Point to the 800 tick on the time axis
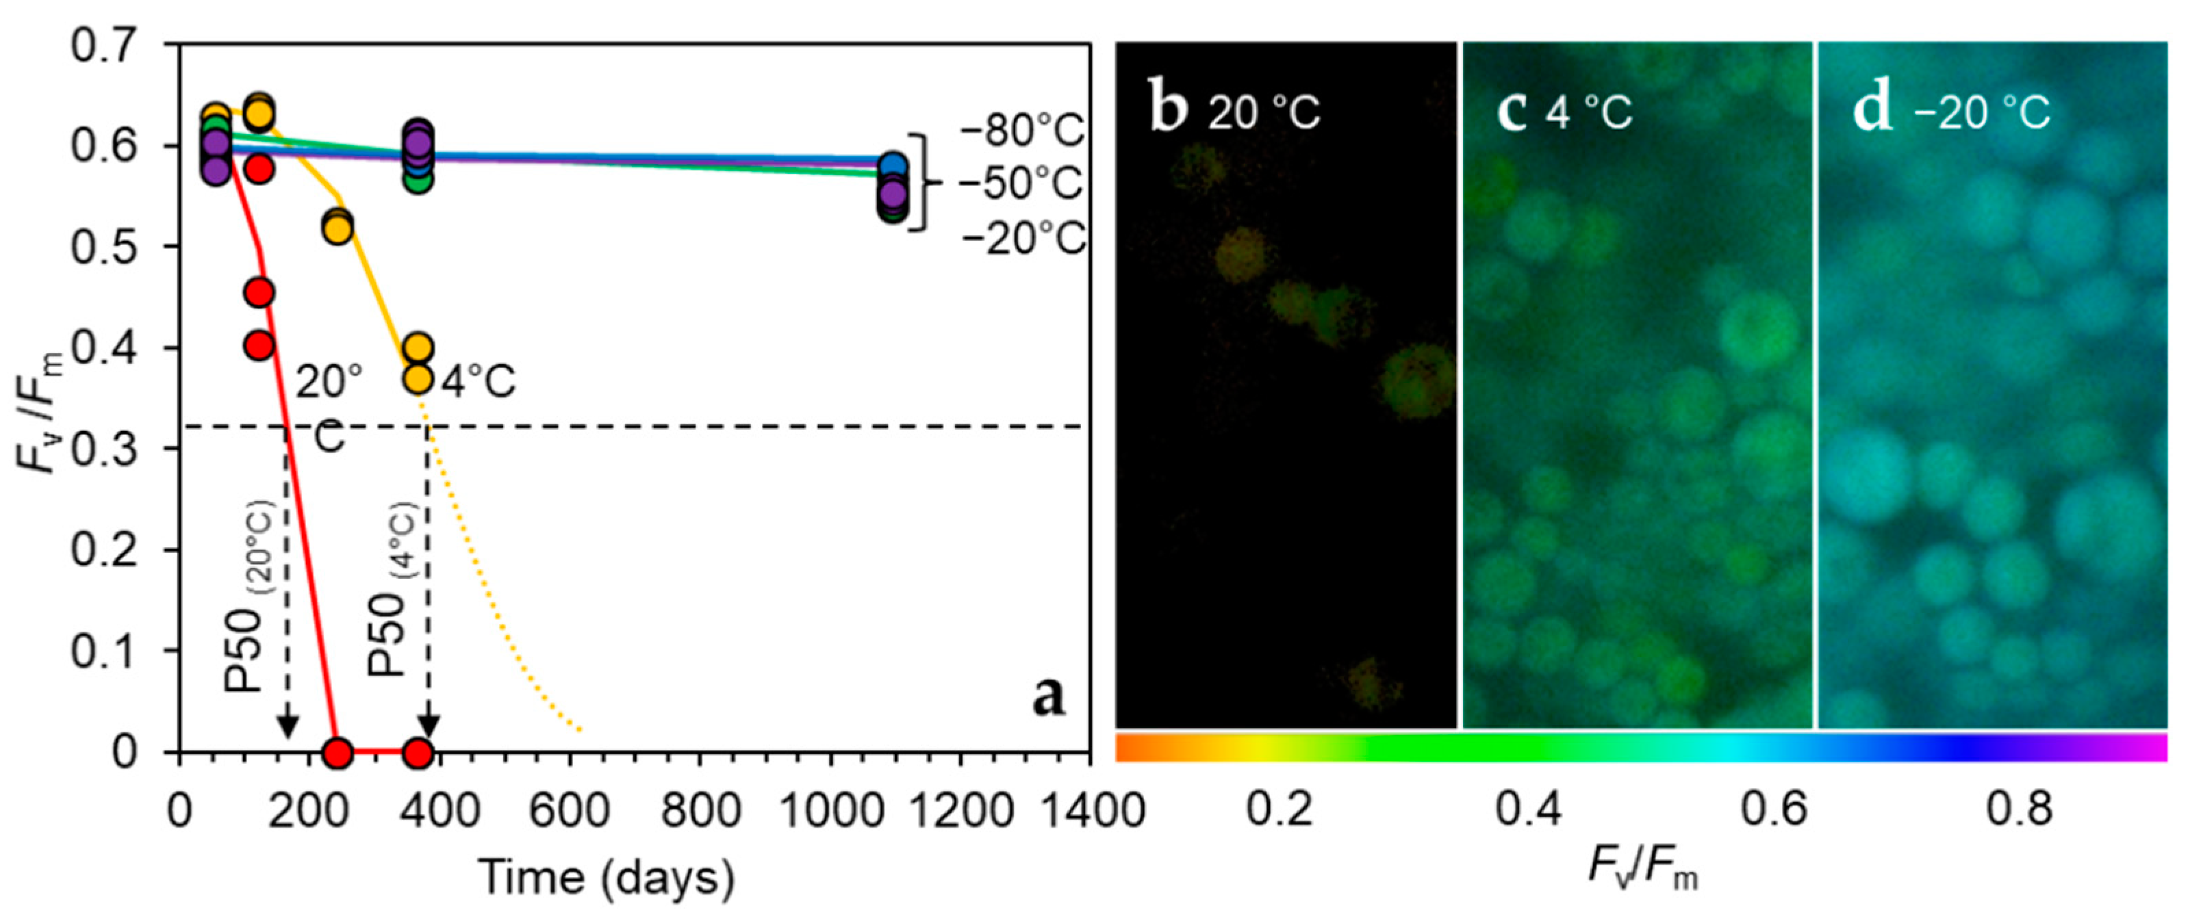699,810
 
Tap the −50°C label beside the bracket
1020,183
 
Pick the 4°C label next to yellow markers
478,382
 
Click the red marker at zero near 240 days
338,752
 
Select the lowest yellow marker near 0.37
417,378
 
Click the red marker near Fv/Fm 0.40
259,345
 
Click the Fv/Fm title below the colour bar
1642,870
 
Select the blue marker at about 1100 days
893,166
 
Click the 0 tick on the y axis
124,752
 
